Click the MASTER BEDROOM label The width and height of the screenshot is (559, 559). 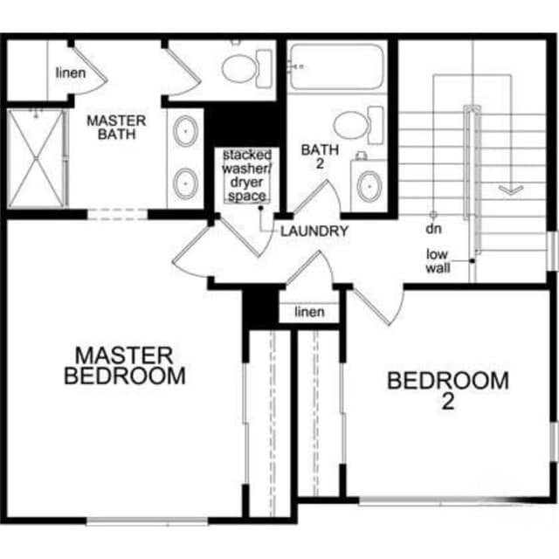(x=126, y=365)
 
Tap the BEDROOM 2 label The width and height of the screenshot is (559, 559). (x=448, y=390)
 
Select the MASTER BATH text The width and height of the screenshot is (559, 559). (x=116, y=127)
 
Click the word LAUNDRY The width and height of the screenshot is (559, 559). (x=314, y=231)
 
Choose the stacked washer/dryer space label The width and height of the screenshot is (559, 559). (x=245, y=176)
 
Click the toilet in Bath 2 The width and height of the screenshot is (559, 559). (x=358, y=124)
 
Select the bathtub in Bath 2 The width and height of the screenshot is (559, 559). (x=336, y=66)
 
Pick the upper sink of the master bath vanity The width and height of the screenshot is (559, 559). (x=186, y=132)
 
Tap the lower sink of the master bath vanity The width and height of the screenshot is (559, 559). (x=186, y=183)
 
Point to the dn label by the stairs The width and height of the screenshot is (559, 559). (x=432, y=229)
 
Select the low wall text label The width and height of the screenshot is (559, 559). (x=438, y=261)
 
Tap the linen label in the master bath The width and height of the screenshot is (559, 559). (x=71, y=72)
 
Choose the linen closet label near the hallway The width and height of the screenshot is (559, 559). (x=309, y=312)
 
